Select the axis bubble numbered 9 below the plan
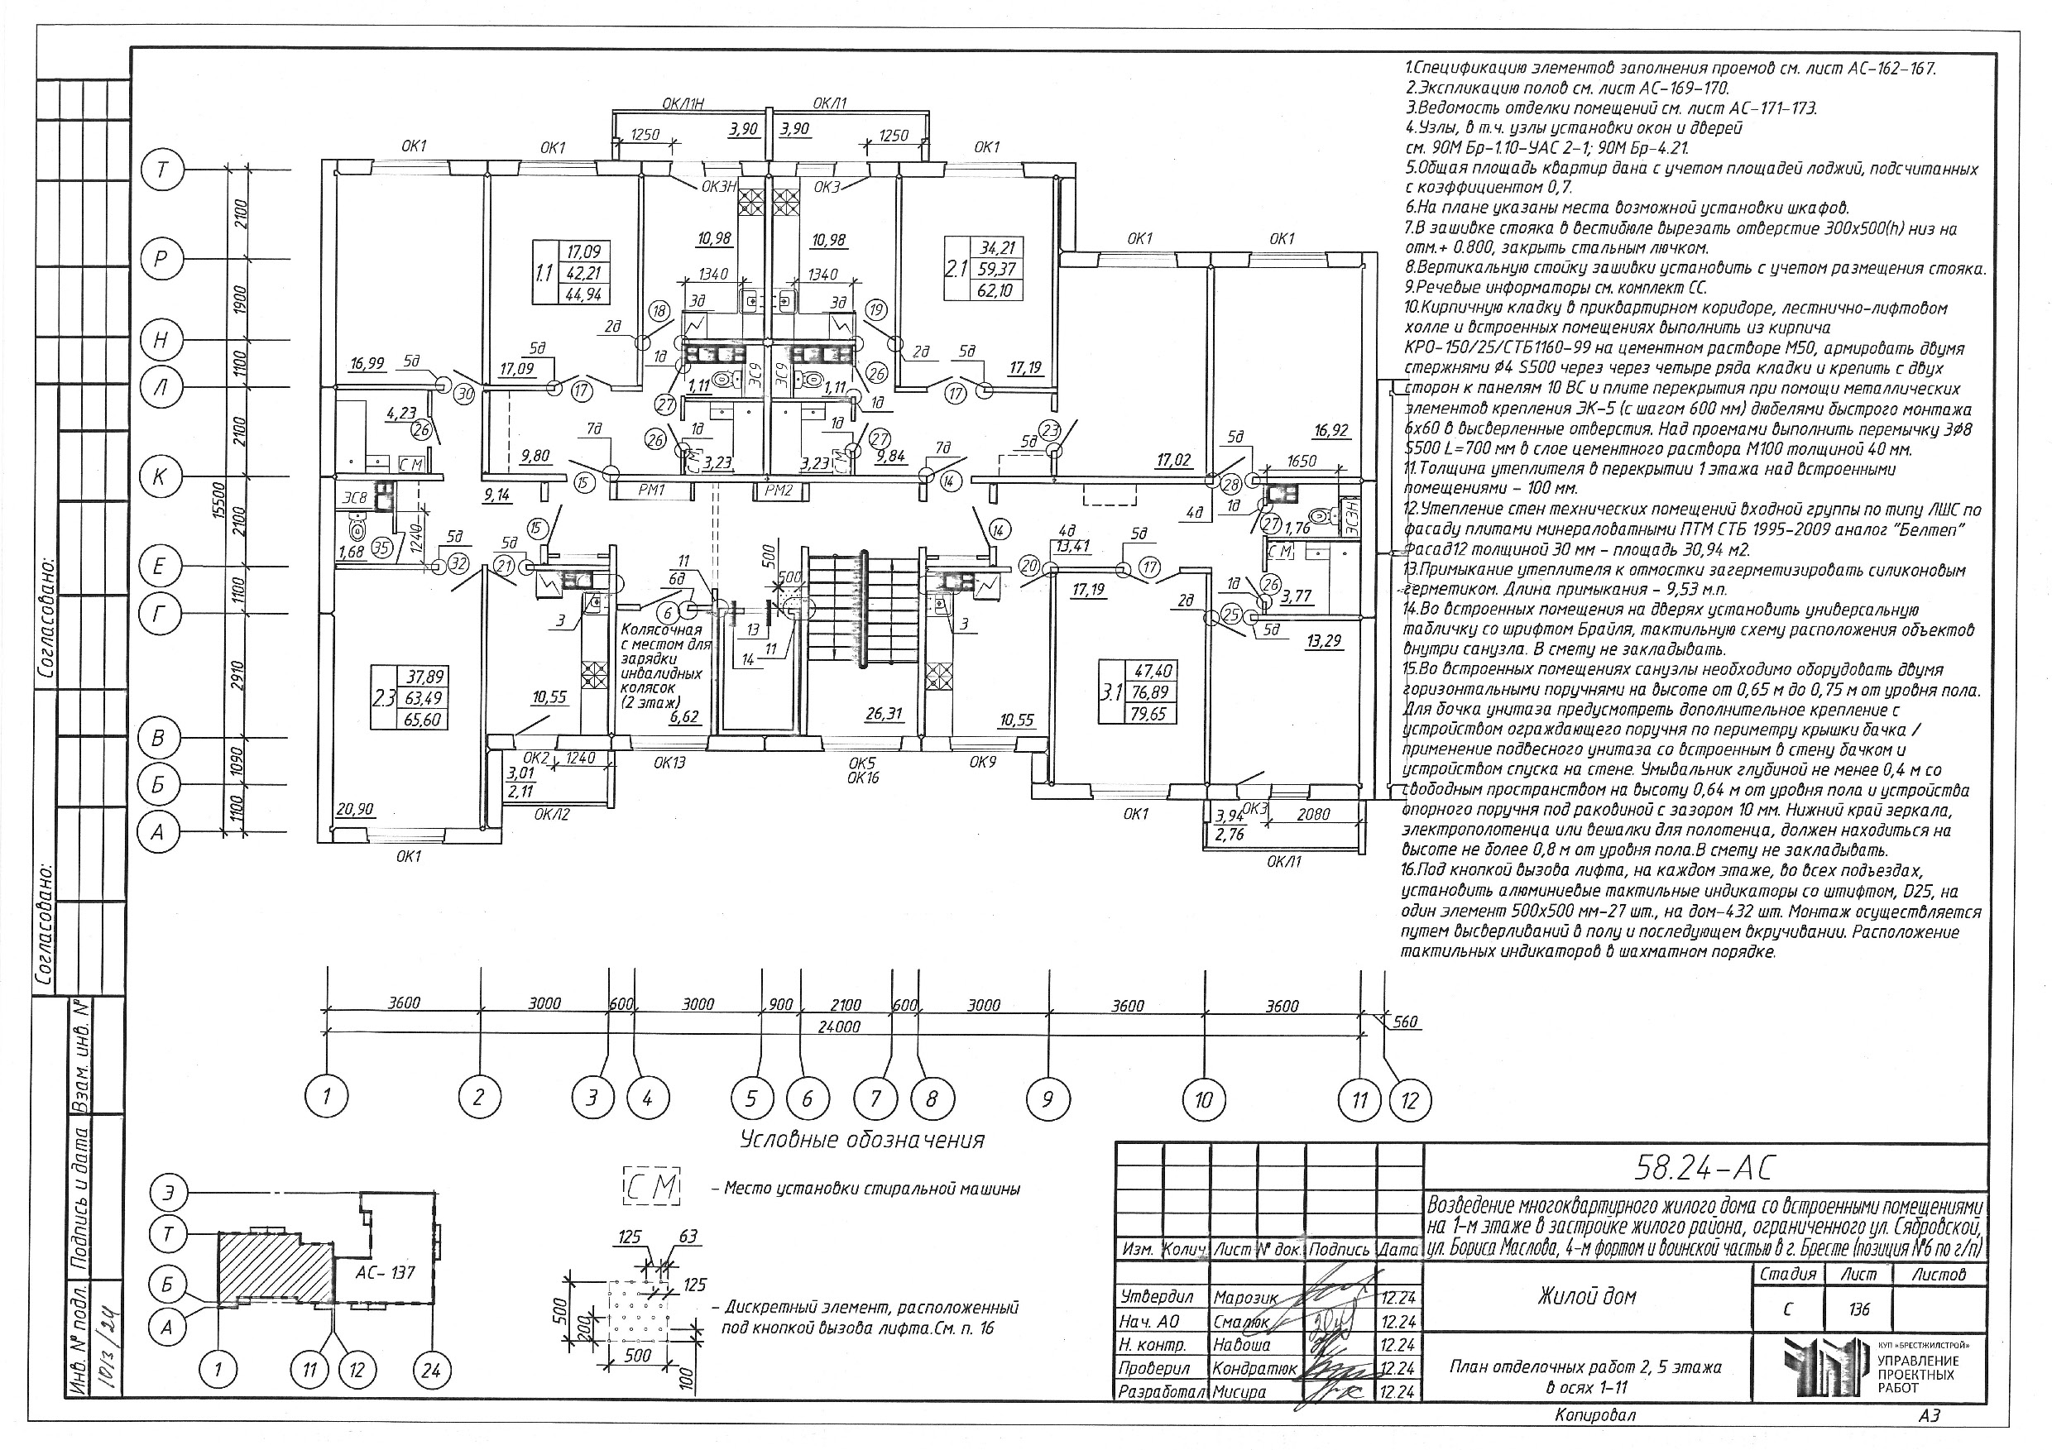[1048, 1097]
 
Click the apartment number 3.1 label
[1112, 692]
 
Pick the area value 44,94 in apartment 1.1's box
[583, 294]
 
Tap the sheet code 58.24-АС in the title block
[1704, 1167]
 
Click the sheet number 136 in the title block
[1859, 1309]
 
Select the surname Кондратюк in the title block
[1254, 1369]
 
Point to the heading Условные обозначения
[862, 1141]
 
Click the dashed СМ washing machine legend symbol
[651, 1187]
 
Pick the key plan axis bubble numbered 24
[431, 1370]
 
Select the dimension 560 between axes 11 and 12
[1405, 1022]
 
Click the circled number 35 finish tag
[382, 548]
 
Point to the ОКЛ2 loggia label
[551, 814]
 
